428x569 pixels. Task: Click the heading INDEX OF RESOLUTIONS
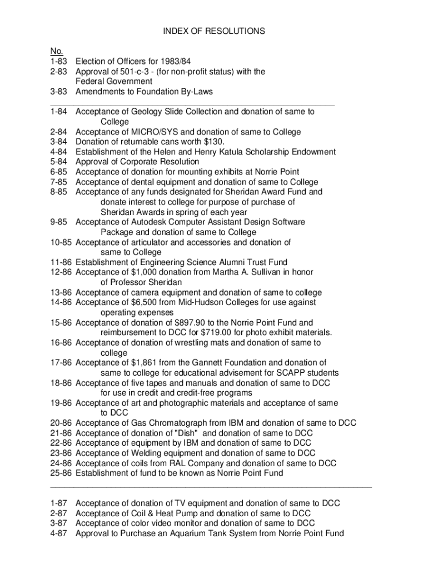(x=214, y=31)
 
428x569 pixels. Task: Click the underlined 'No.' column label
(x=56, y=51)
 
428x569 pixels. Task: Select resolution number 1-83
(x=58, y=61)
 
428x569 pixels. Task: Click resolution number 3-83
(x=58, y=91)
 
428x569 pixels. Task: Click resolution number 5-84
(x=58, y=162)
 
